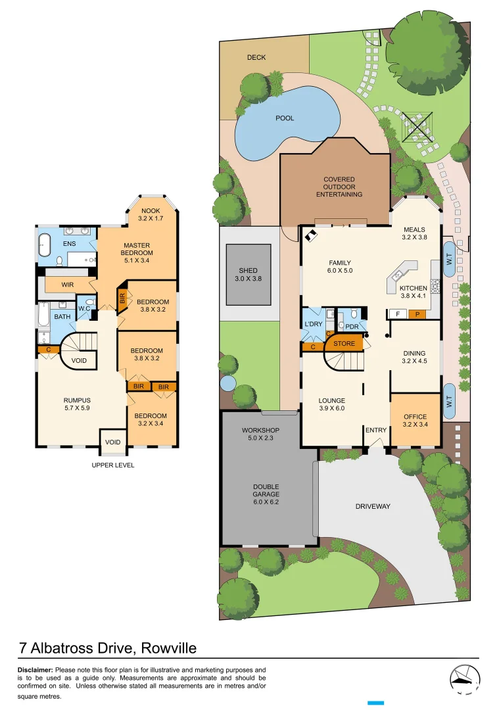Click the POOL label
[285, 118]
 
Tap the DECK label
[256, 58]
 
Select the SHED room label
[248, 274]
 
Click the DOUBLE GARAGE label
[266, 491]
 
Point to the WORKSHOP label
[261, 435]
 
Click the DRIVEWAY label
[373, 506]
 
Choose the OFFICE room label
[415, 421]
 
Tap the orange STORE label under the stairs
[344, 344]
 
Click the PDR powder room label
[352, 326]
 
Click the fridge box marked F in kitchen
[398, 314]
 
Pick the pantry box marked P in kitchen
[416, 314]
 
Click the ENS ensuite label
[69, 244]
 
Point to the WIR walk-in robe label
[67, 285]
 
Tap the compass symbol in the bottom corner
[465, 680]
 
